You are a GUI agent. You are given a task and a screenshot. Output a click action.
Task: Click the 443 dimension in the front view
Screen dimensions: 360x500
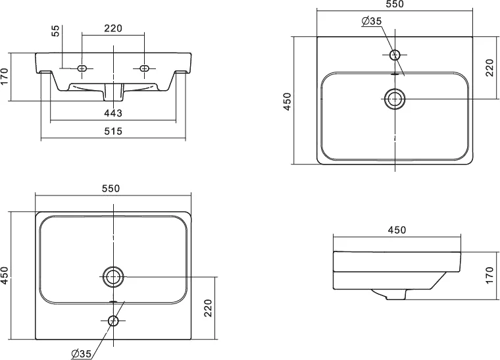pyautogui.click(x=113, y=113)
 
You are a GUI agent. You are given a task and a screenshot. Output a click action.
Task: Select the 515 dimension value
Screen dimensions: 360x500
pyautogui.click(x=113, y=132)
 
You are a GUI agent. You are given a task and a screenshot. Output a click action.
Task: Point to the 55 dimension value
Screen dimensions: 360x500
pyautogui.click(x=56, y=31)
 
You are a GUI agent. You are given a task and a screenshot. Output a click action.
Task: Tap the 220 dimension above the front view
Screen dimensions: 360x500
pyautogui.click(x=113, y=28)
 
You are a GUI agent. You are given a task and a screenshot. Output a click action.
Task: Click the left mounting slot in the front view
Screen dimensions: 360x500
pyautogui.click(x=82, y=68)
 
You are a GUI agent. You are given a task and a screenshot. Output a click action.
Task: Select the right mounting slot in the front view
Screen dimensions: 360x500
pyautogui.click(x=144, y=68)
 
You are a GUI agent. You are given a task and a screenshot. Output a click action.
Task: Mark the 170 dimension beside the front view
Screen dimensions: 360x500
pyautogui.click(x=5, y=76)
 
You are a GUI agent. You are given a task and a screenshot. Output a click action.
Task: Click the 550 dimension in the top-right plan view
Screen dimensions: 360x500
pyautogui.click(x=395, y=5)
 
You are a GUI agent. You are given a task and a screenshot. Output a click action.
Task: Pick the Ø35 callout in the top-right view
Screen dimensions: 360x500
pyautogui.click(x=372, y=22)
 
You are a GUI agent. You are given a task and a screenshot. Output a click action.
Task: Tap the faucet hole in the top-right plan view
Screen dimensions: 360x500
pyautogui.click(x=395, y=55)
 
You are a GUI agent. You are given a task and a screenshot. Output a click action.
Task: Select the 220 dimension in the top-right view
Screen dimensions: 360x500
pyautogui.click(x=489, y=68)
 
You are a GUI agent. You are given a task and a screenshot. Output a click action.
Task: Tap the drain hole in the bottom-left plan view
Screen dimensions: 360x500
pyautogui.click(x=113, y=276)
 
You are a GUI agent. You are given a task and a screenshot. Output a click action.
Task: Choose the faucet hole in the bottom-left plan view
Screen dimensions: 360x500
pyautogui.click(x=113, y=321)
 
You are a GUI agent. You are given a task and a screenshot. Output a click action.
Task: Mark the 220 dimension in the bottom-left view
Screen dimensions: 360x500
pyautogui.click(x=208, y=307)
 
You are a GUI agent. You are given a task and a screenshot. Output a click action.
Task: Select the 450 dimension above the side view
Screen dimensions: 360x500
pyautogui.click(x=397, y=230)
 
